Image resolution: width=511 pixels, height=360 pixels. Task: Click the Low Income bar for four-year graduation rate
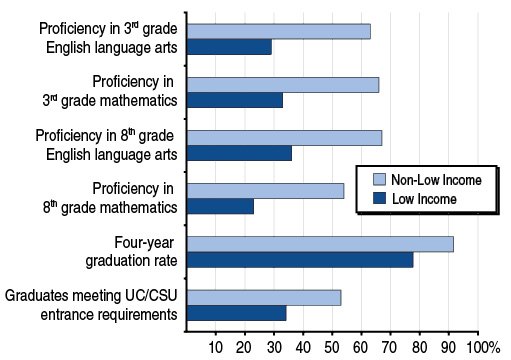coord(300,260)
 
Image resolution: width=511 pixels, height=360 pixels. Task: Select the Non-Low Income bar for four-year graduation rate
coord(320,244)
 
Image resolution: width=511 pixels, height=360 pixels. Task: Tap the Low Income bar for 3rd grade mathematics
coord(235,100)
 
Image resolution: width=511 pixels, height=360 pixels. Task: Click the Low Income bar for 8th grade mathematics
coord(220,207)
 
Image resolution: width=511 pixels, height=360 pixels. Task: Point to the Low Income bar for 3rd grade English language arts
coord(229,47)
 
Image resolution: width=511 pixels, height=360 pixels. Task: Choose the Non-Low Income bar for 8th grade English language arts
coord(285,138)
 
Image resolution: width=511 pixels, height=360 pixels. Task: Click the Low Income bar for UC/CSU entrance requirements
coord(237,313)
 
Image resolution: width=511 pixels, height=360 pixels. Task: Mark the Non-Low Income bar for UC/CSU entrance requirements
coord(264,297)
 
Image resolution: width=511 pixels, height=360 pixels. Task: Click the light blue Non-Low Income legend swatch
coord(379,180)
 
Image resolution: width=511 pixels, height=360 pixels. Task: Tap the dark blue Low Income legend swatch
coord(379,199)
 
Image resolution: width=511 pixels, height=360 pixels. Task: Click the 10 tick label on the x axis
coord(215,346)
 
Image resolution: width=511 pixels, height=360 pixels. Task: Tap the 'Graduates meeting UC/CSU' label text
coord(92,296)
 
